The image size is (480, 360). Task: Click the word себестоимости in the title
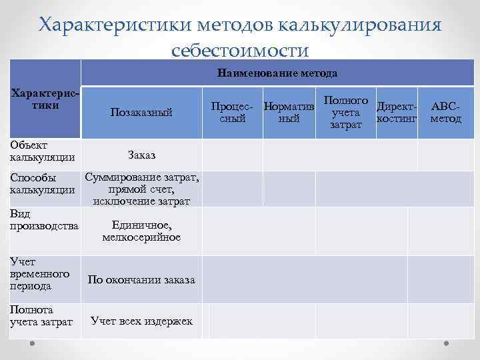point(240,50)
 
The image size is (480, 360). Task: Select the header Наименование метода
point(277,73)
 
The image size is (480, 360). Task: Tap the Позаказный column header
point(141,113)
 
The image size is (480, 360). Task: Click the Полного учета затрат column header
point(345,112)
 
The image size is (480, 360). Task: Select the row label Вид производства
point(44,219)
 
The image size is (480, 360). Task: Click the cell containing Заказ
point(141,155)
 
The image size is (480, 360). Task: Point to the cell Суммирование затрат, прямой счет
point(141,188)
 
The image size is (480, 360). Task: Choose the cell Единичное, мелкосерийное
point(141,231)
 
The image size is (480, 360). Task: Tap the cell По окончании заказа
point(141,280)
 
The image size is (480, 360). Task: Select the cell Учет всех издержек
point(141,321)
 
